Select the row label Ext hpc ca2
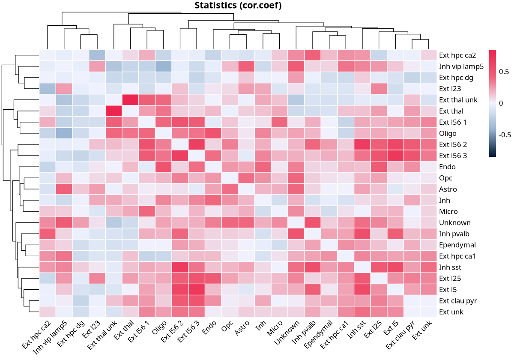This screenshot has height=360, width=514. point(457,55)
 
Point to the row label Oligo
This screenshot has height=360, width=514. point(448,133)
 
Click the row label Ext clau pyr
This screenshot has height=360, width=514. point(457,300)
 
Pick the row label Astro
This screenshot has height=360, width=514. point(448,189)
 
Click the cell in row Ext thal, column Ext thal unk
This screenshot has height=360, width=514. point(114,111)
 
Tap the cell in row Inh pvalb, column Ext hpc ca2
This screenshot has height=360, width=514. point(48,234)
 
